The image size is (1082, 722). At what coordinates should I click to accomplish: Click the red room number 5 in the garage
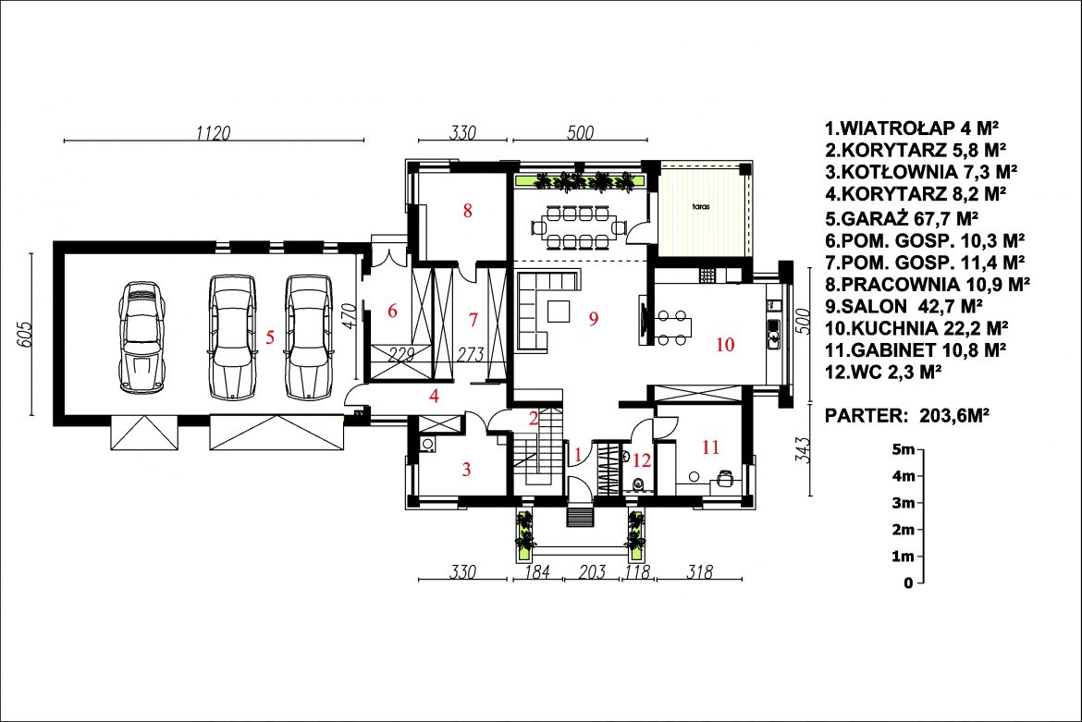[x=270, y=337]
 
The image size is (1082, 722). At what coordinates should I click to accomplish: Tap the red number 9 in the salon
[x=594, y=319]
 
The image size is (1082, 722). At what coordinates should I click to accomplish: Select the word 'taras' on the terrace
[x=701, y=206]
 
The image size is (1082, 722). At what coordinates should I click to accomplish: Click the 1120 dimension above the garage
[x=214, y=132]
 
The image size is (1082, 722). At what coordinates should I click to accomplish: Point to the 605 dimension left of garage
[x=25, y=335]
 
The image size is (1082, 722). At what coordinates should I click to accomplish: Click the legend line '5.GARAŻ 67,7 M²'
[x=902, y=218]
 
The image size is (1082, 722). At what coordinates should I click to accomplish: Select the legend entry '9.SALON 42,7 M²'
[x=904, y=305]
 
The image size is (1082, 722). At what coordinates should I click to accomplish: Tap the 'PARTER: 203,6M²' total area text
[x=907, y=415]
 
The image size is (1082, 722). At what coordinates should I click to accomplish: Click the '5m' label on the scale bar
[x=904, y=449]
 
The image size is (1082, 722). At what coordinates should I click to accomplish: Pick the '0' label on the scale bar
[x=908, y=583]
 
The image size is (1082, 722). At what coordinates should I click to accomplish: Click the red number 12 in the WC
[x=642, y=460]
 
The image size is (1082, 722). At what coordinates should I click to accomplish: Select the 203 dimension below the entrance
[x=592, y=571]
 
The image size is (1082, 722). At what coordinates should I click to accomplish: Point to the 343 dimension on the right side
[x=803, y=449]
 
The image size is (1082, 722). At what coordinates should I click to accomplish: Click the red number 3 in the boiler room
[x=466, y=470]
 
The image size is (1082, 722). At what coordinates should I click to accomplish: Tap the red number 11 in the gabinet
[x=711, y=447]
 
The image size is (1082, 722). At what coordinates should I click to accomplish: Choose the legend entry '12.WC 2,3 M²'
[x=883, y=372]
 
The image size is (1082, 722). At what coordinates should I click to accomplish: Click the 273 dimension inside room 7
[x=471, y=354]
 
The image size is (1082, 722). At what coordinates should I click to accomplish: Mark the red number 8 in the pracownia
[x=467, y=211]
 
